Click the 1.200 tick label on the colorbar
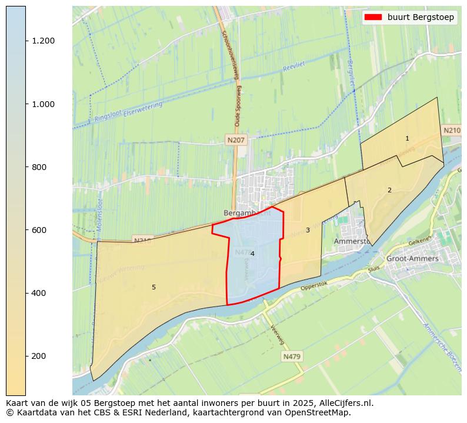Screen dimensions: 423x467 click(x=44, y=41)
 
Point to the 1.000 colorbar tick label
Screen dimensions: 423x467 click(x=44, y=104)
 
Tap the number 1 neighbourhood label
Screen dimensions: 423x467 click(x=407, y=139)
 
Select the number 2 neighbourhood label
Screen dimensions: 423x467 click(x=389, y=190)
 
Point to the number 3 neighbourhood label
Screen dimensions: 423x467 click(x=308, y=230)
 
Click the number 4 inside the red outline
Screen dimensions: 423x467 click(x=252, y=254)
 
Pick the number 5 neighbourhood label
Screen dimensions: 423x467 click(x=154, y=287)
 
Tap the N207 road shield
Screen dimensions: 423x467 click(x=236, y=140)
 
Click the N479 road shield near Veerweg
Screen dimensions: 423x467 click(x=291, y=357)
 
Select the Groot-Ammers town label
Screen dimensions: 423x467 click(x=412, y=258)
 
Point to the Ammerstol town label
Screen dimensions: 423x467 click(x=351, y=241)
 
